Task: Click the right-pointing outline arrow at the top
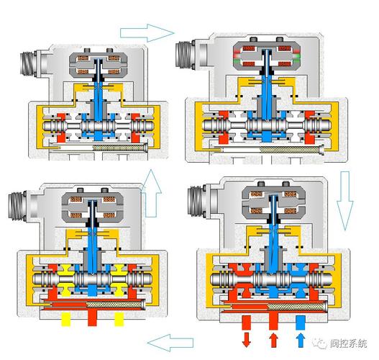(147, 33)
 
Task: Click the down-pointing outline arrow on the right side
(345, 201)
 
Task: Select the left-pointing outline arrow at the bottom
(170, 343)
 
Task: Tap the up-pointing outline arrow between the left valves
(151, 194)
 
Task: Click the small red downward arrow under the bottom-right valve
(246, 340)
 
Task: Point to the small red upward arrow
(273, 340)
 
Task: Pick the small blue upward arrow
(301, 340)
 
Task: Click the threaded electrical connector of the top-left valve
(29, 64)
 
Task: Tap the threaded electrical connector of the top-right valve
(186, 54)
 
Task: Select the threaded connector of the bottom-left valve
(17, 206)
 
